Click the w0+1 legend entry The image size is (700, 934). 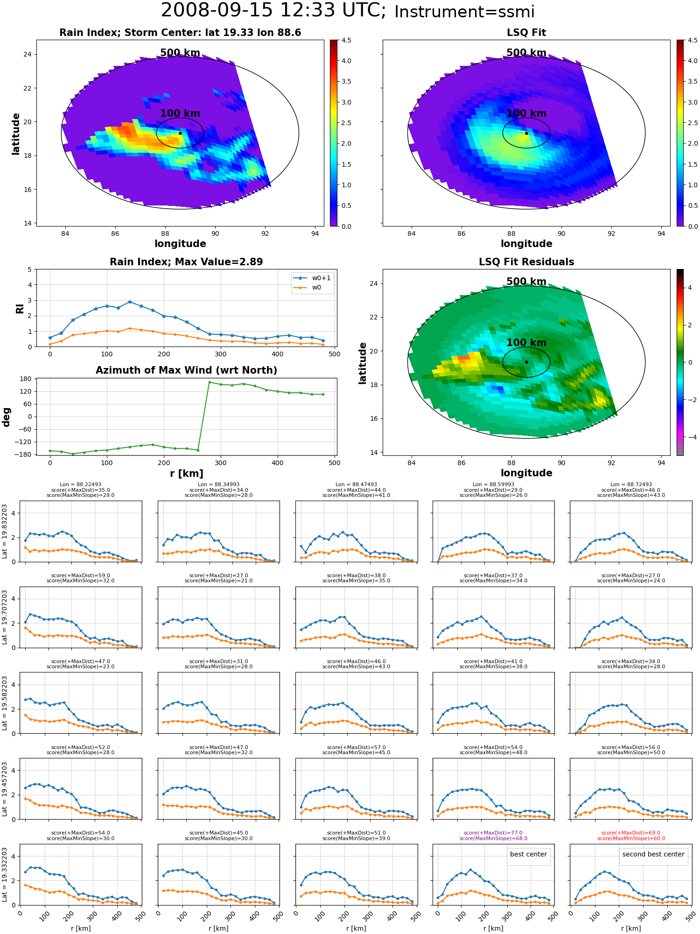313,278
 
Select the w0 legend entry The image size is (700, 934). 308,287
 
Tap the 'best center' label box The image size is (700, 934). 528,854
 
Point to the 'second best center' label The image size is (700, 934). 653,854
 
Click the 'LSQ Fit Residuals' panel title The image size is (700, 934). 526,262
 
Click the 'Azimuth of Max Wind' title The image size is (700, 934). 186,370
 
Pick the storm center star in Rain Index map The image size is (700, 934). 180,133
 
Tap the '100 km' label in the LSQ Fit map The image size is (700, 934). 526,113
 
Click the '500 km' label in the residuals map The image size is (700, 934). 526,282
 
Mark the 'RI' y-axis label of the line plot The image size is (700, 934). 20,309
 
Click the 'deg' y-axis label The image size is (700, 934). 6,417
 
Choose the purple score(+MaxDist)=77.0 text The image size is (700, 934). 493,833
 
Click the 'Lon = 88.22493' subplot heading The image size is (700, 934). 80,485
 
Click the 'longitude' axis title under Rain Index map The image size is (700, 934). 180,244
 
